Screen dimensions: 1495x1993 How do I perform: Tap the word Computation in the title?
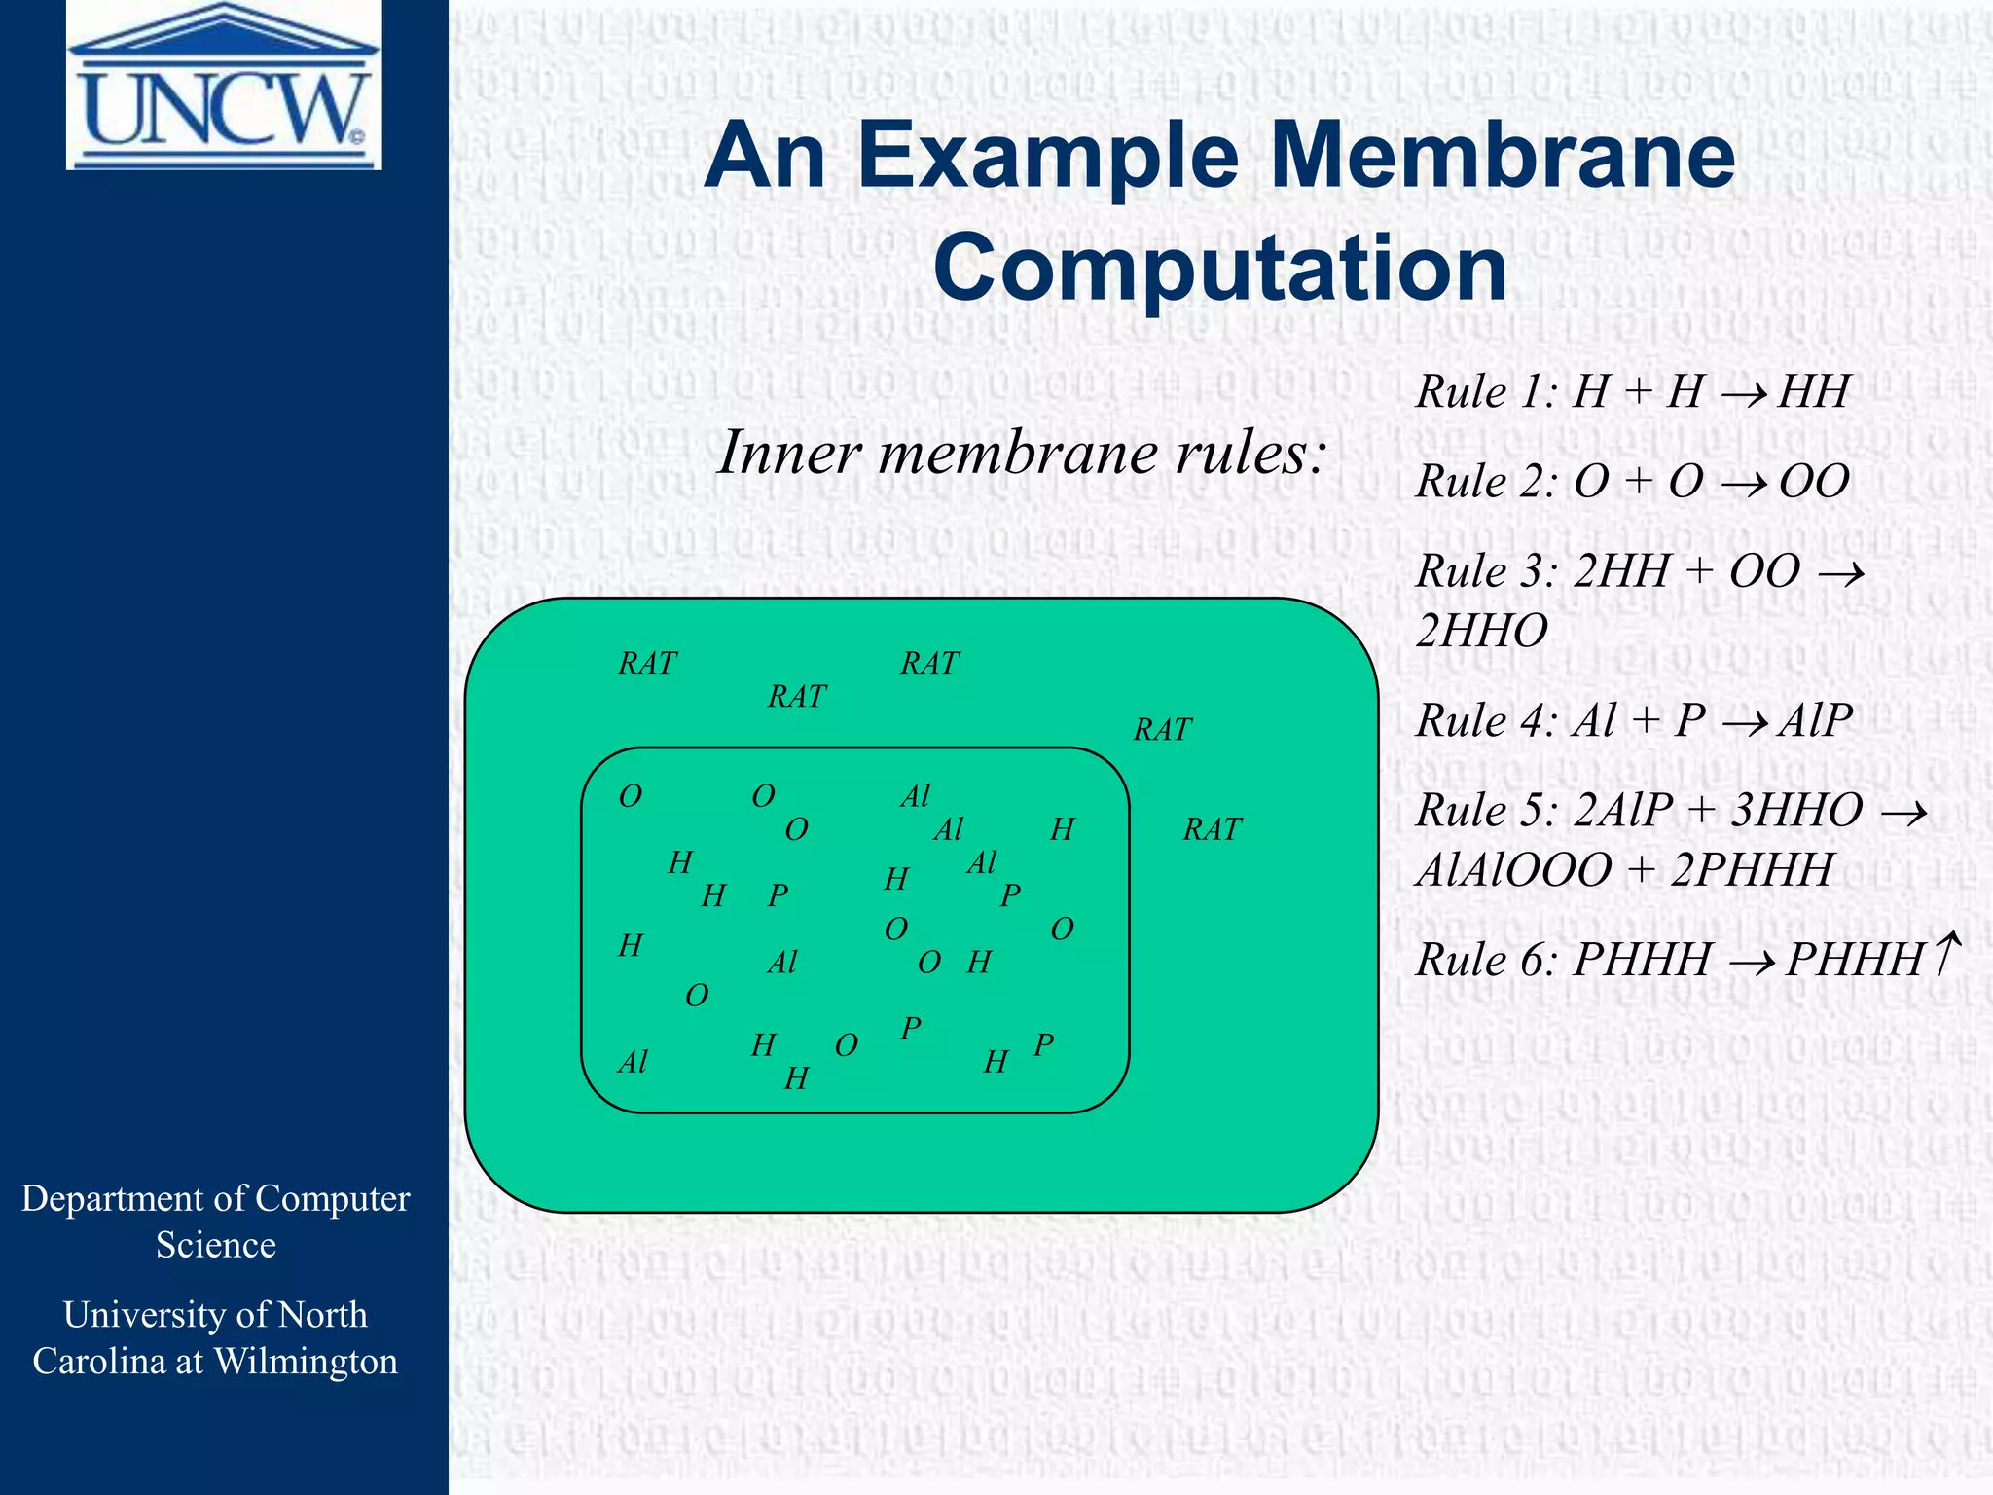(x=1220, y=268)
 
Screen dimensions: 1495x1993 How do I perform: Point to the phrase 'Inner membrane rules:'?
(x=1022, y=454)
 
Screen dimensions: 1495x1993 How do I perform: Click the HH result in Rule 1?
(x=1813, y=392)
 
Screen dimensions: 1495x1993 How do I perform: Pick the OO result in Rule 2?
(x=1814, y=482)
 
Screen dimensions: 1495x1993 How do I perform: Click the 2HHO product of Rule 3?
(x=1481, y=632)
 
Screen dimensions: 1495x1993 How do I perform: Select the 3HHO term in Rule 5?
(x=1796, y=811)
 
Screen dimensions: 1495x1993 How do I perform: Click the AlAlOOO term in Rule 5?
(x=1513, y=870)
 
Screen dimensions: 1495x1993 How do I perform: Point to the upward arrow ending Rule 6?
(x=1946, y=954)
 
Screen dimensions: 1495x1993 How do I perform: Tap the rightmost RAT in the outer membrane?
(x=1213, y=829)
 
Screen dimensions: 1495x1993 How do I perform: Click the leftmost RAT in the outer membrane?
(x=647, y=664)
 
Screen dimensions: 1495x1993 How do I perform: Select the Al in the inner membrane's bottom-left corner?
(x=633, y=1062)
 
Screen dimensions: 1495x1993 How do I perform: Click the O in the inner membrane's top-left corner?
(x=631, y=797)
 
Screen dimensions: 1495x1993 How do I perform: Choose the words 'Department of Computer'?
(x=216, y=1199)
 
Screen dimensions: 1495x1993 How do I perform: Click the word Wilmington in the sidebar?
(x=306, y=1362)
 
